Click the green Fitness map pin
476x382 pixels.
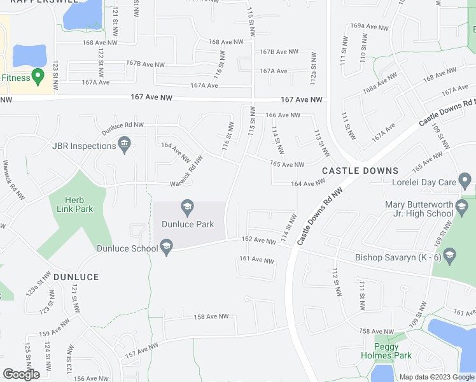pos(38,78)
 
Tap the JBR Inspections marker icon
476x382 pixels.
pos(125,146)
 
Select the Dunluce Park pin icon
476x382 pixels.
pos(187,207)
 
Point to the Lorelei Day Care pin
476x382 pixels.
pos(466,183)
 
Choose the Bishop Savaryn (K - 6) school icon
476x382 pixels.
pos(450,256)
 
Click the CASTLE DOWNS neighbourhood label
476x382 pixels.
pos(360,171)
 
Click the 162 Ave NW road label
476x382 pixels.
pos(257,240)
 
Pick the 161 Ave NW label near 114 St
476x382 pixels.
pos(256,260)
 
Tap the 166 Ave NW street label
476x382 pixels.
pos(282,115)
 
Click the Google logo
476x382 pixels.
pos(21,374)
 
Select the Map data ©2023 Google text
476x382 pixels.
pos(435,377)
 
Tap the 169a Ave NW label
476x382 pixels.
pos(369,27)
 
